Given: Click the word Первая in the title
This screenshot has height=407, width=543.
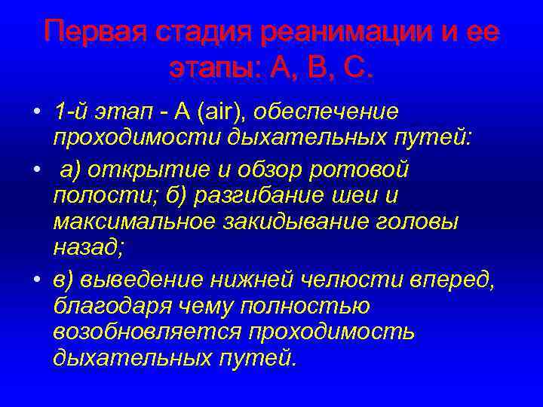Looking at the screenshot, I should (x=93, y=32).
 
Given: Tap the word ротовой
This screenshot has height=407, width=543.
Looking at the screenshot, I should (x=368, y=170).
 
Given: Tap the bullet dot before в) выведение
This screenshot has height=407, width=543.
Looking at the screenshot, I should (x=36, y=279).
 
